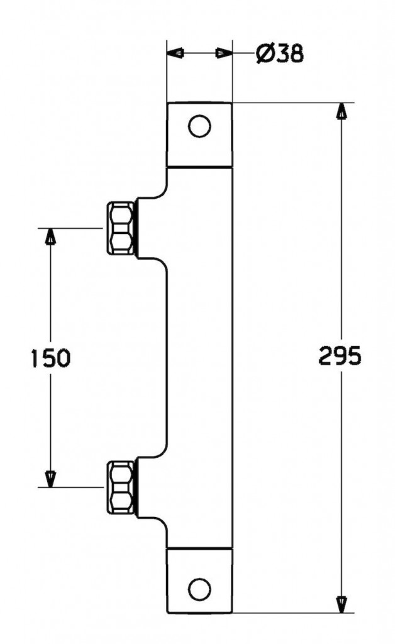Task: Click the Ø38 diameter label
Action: tap(280, 53)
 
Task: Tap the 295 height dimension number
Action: tap(340, 356)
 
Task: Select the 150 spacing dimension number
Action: tap(51, 357)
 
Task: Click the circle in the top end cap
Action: tap(199, 126)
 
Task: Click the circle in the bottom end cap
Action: tap(199, 589)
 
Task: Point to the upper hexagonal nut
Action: tap(121, 228)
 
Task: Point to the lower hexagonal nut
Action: tap(121, 487)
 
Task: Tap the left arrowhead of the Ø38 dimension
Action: tap(175, 53)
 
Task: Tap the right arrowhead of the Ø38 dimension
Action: tap(224, 53)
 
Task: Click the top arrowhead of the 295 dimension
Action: tap(341, 111)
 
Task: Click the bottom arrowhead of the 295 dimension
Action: tap(341, 604)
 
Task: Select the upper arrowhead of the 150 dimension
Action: tap(50, 236)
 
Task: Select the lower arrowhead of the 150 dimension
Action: tap(50, 479)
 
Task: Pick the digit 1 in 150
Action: tap(36, 357)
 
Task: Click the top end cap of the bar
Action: tap(199, 135)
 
